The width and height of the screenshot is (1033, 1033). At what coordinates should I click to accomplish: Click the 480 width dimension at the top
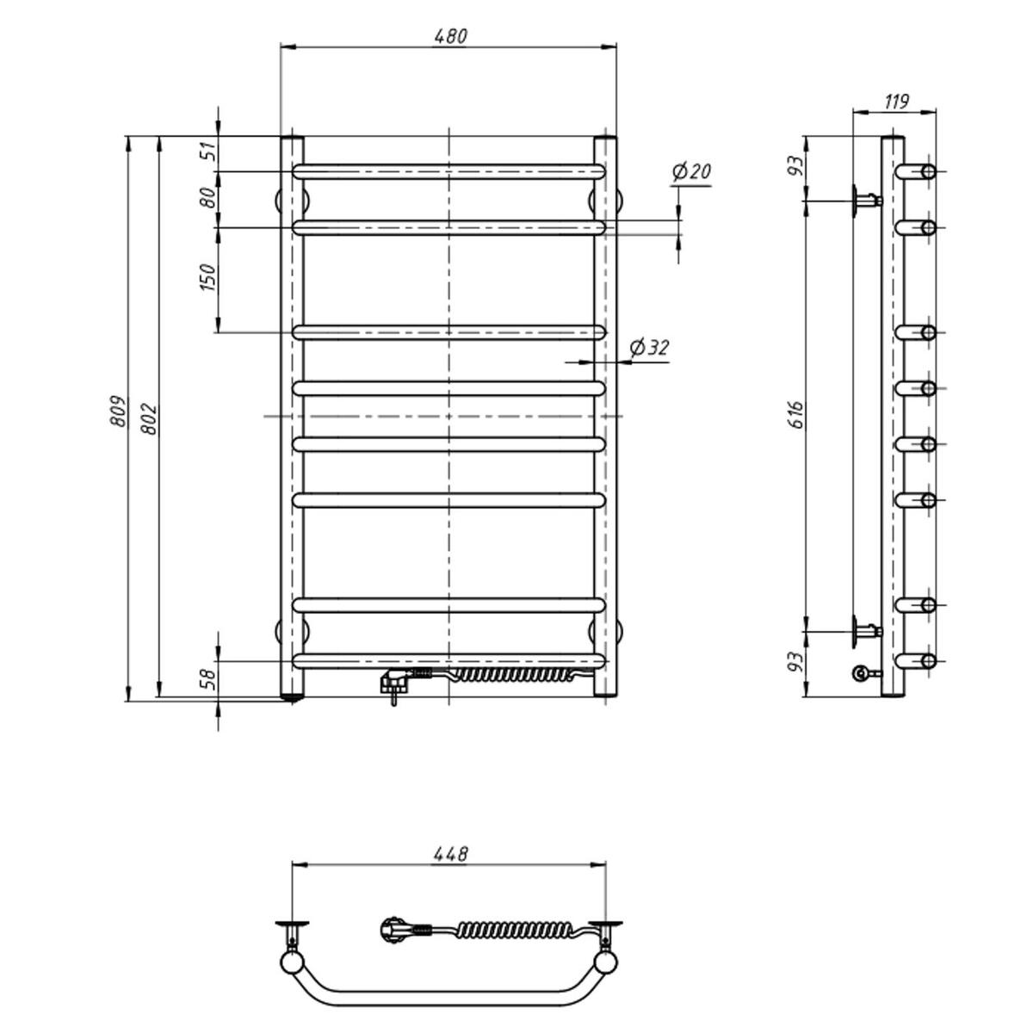pos(449,36)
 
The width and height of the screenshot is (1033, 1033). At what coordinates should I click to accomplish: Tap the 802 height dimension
pos(151,418)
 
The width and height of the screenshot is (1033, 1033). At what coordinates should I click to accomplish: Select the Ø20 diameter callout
pos(691,172)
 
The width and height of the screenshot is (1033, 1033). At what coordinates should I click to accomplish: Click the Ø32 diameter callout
pos(649,348)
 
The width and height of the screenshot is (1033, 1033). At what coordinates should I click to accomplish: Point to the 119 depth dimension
pos(896,102)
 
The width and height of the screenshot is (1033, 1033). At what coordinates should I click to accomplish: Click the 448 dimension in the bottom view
pos(450,854)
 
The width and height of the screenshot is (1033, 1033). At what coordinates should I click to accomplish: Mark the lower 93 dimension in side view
pos(796,663)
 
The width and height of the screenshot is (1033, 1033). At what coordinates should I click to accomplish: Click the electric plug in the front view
pos(396,684)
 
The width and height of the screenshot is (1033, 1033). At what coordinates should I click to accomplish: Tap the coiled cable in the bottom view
pos(512,931)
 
